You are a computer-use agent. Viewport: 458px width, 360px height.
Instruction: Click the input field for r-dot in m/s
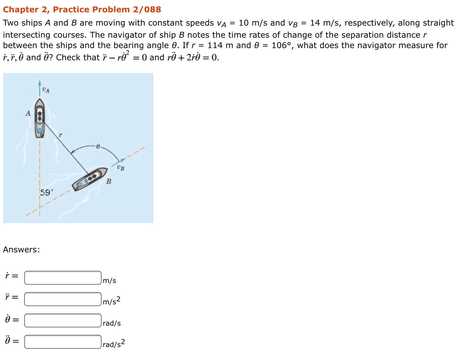(x=63, y=278)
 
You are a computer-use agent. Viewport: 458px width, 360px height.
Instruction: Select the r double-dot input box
(x=63, y=299)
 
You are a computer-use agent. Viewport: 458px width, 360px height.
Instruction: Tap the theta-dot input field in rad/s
(x=63, y=320)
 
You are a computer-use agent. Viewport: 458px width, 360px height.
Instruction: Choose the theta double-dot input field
(x=63, y=342)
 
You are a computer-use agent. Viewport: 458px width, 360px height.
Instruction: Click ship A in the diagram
(x=40, y=117)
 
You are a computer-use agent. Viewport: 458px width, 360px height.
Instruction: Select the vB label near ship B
(x=120, y=168)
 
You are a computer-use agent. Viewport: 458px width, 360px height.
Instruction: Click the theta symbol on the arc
(x=98, y=146)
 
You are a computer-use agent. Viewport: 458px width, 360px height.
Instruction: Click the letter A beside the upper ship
(x=27, y=113)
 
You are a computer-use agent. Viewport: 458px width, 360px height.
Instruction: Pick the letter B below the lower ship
(x=109, y=182)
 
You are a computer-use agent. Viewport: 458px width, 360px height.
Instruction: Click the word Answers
(x=21, y=250)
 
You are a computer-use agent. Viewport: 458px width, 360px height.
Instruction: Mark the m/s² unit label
(x=112, y=301)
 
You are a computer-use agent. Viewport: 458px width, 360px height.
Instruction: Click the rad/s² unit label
(x=114, y=344)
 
